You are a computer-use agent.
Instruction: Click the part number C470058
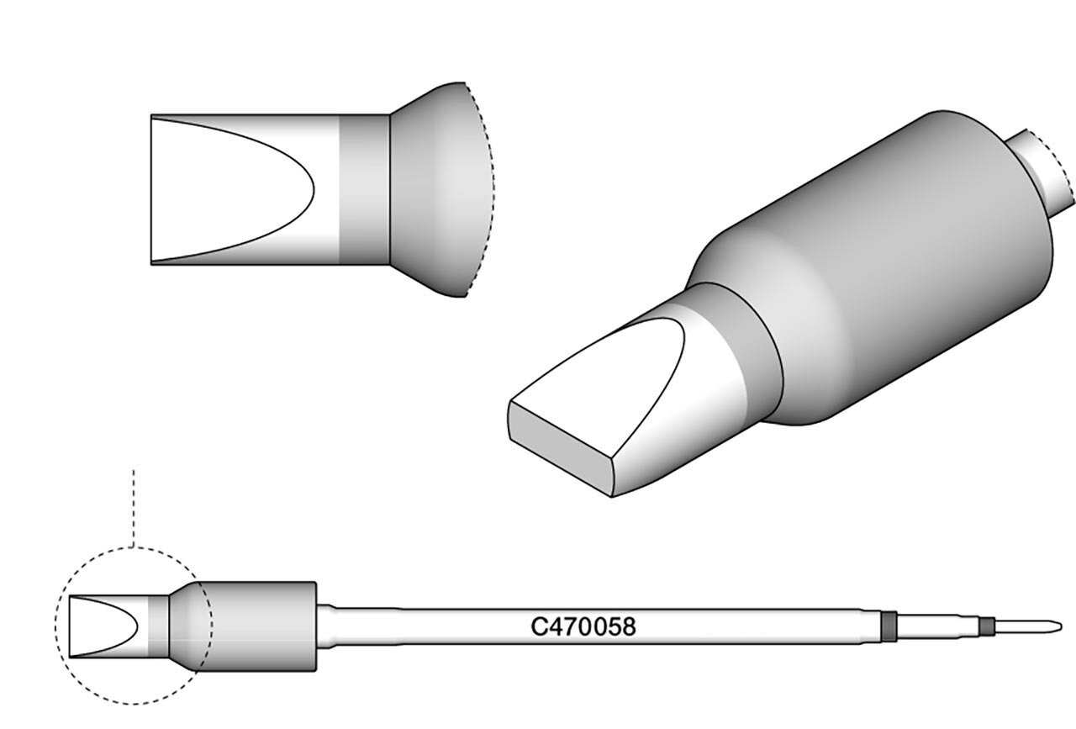583,626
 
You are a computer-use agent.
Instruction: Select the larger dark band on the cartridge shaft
889,626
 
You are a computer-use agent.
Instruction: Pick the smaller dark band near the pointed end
987,626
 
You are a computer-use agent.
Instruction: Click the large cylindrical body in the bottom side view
257,626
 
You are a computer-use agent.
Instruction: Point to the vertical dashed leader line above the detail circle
134,509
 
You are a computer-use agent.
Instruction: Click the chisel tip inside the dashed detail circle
108,626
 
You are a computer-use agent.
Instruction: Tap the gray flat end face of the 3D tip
561,449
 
